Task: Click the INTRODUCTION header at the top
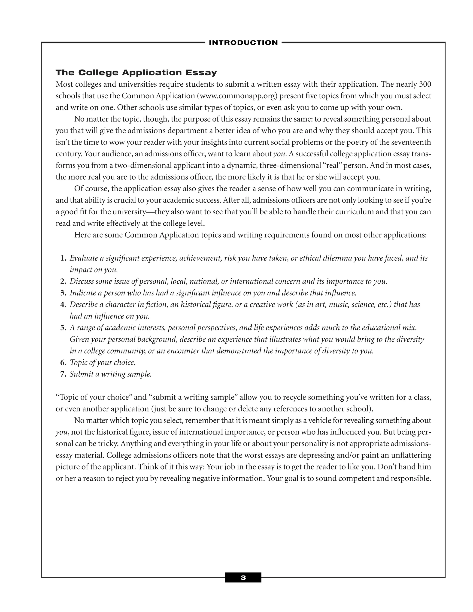243,43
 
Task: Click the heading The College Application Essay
136,73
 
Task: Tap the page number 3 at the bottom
243,578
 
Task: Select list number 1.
63,258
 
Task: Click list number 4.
63,305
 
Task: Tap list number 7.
63,374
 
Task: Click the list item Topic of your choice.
103,363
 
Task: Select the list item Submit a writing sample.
111,374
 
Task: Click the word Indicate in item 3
83,293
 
